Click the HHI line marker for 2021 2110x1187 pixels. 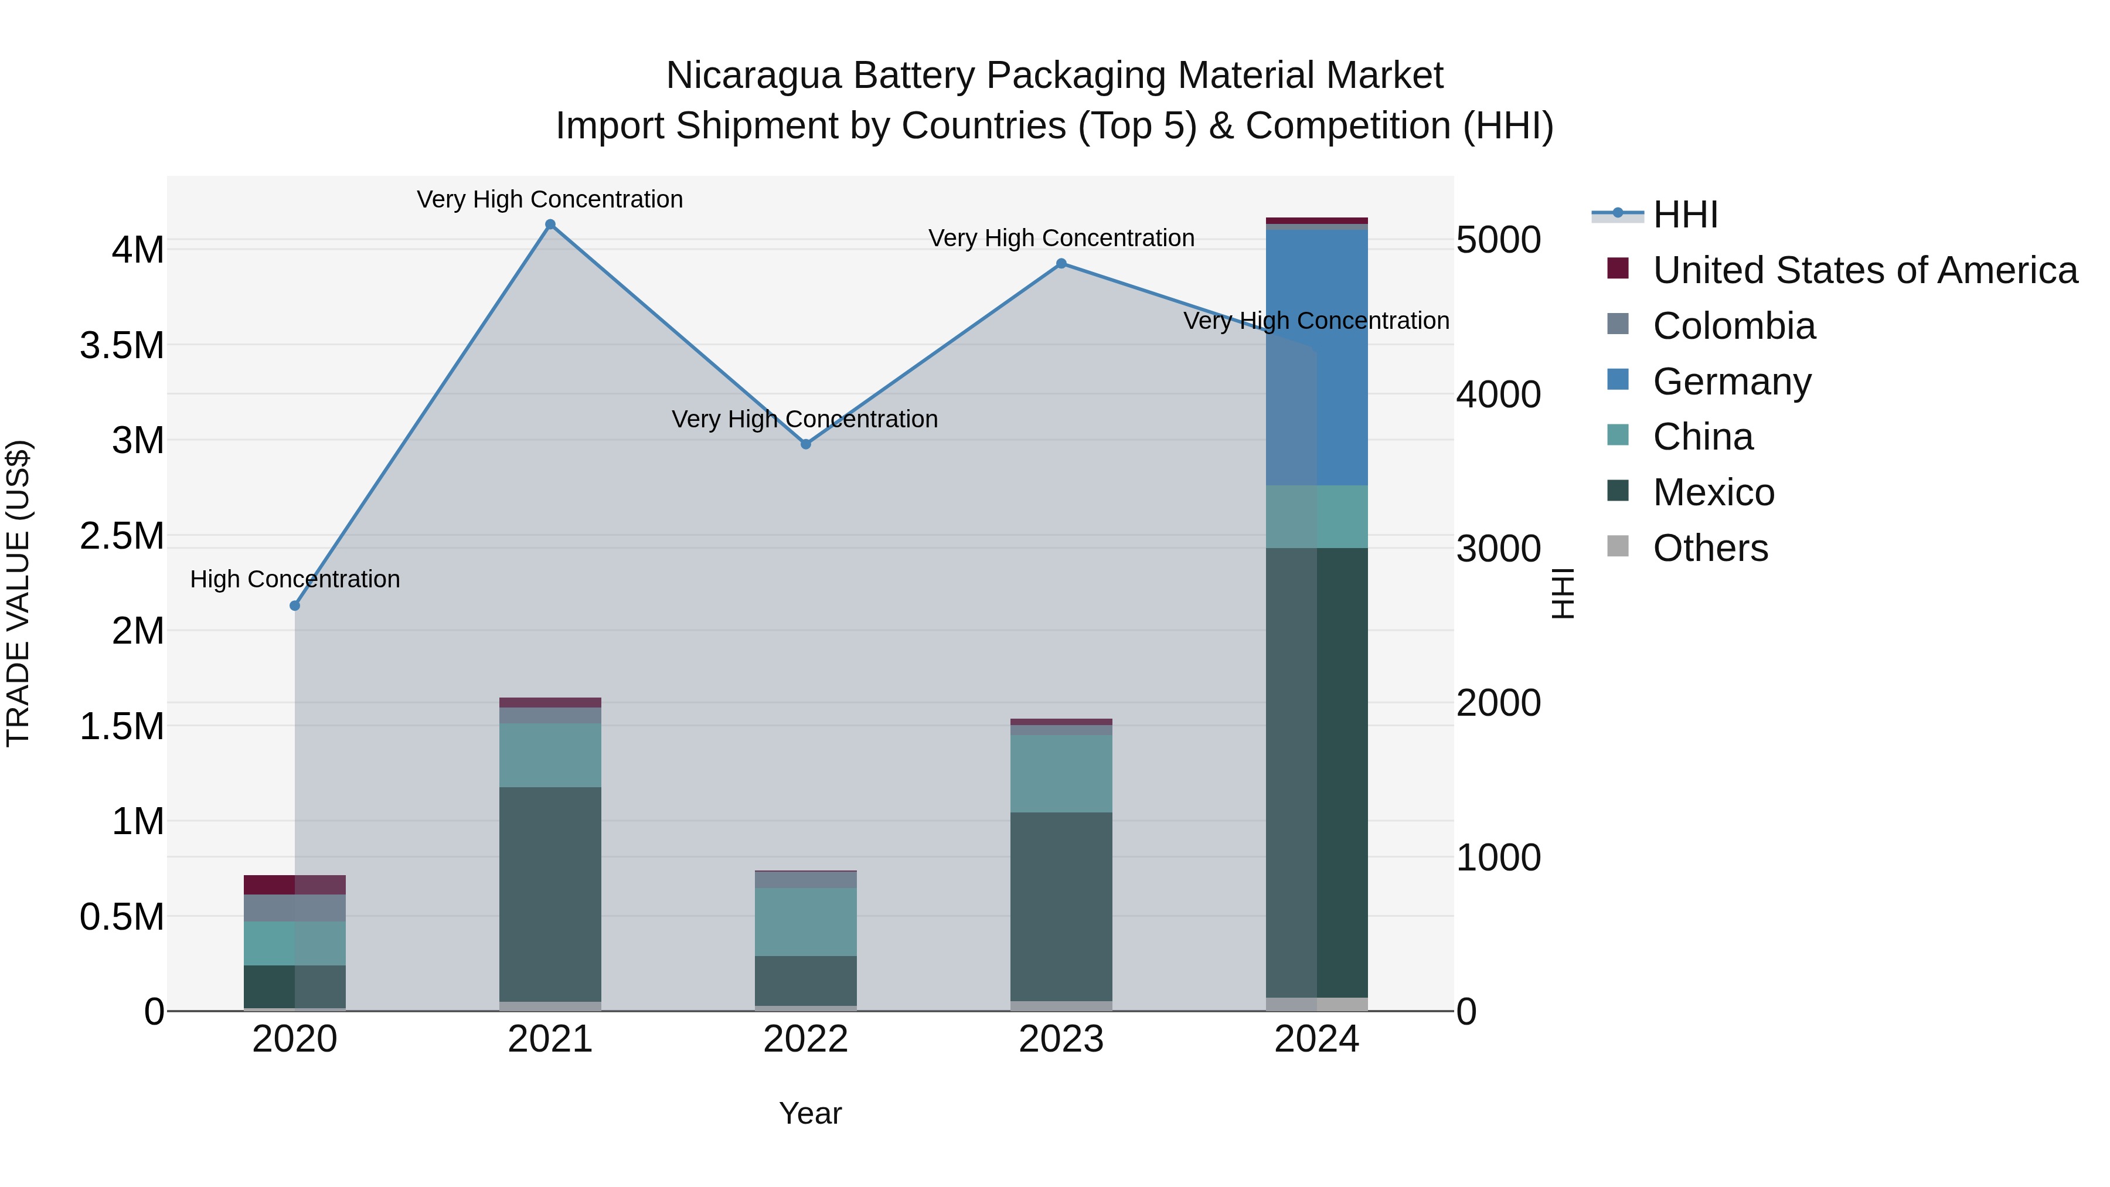(550, 225)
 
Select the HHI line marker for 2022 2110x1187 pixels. (806, 444)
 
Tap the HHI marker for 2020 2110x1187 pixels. (295, 606)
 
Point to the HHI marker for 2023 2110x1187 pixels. (1061, 263)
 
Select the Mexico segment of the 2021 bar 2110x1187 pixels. (550, 893)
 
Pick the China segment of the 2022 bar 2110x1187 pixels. (806, 921)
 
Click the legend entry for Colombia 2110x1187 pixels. (1734, 326)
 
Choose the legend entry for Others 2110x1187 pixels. (1710, 548)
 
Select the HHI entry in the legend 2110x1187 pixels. (1685, 215)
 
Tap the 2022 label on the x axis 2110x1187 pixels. (806, 1039)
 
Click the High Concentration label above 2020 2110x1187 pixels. (295, 579)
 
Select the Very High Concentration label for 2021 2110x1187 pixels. (550, 199)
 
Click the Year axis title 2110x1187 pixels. (810, 1113)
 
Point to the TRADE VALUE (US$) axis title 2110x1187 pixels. (18, 593)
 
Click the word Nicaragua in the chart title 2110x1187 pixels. (754, 76)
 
